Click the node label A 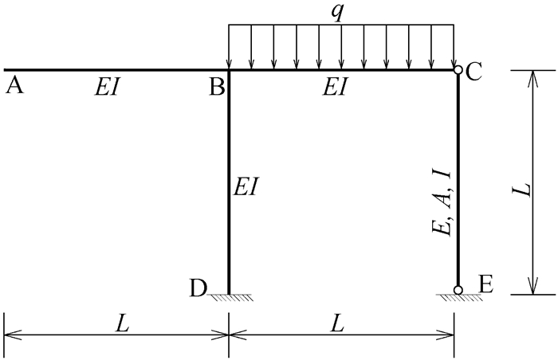click(x=14, y=86)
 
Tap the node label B click(x=217, y=87)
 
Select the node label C click(x=474, y=72)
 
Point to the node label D click(x=198, y=288)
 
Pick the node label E click(x=486, y=284)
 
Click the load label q click(x=337, y=13)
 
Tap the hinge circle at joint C click(x=458, y=70)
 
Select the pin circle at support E click(x=458, y=290)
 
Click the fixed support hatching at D click(x=230, y=298)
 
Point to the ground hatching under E click(x=459, y=298)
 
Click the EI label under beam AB click(x=106, y=88)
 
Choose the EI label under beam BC click(x=335, y=88)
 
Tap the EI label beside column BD click(x=245, y=186)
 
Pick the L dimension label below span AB click(x=122, y=324)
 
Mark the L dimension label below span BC click(x=338, y=324)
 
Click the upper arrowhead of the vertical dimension click(x=533, y=78)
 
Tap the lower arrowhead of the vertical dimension click(x=533, y=287)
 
